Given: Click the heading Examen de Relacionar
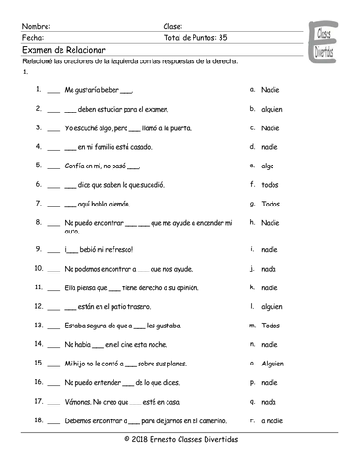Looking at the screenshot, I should [x=59, y=50].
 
